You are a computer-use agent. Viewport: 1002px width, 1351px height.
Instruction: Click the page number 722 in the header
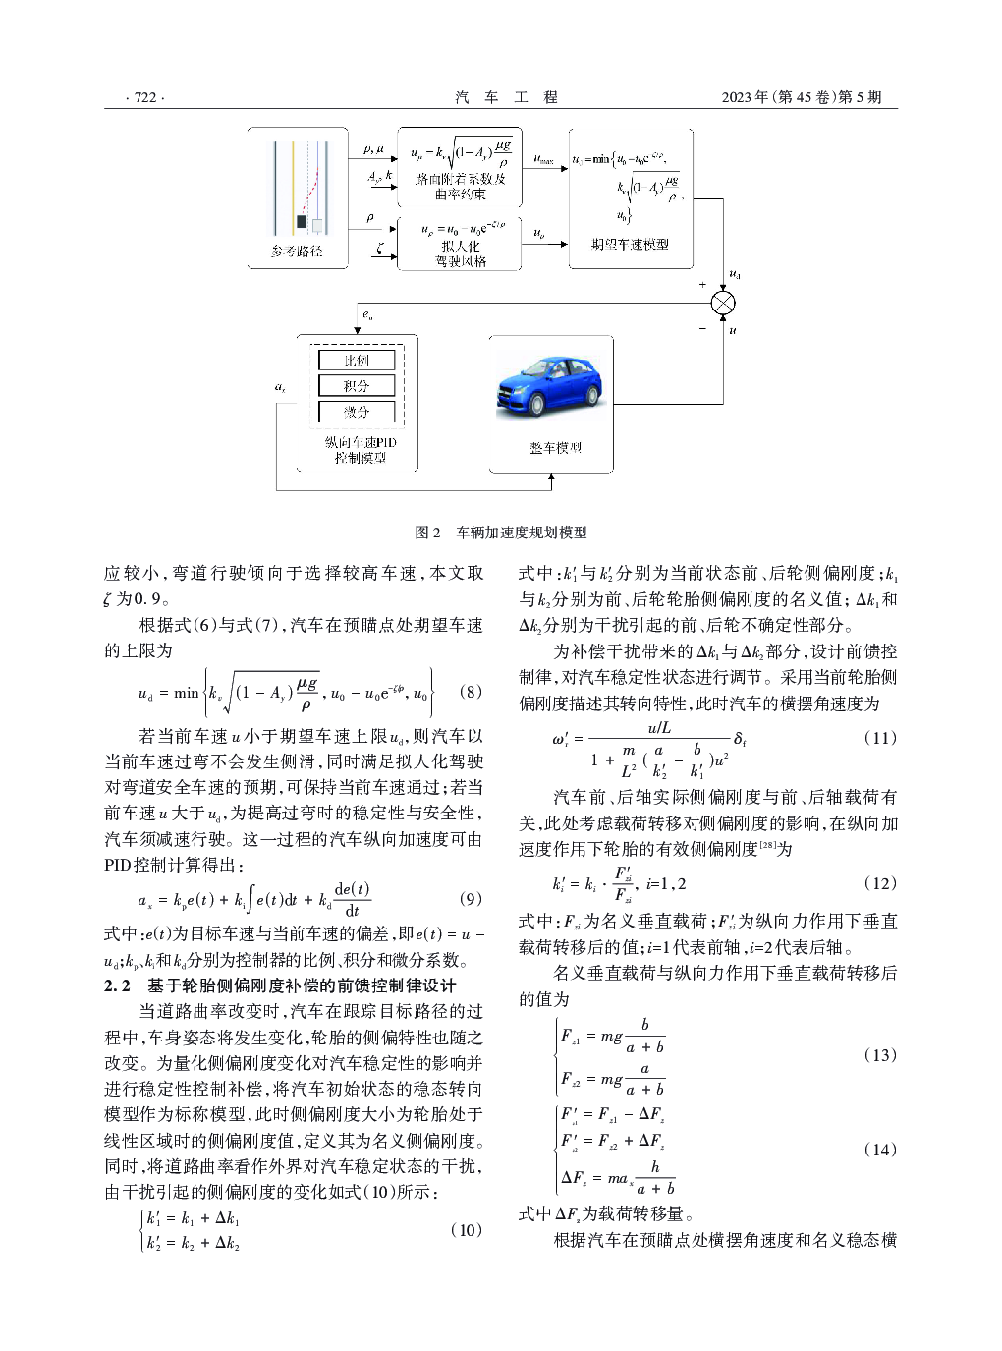145,97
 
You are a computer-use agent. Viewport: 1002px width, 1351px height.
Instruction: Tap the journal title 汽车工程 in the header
506,97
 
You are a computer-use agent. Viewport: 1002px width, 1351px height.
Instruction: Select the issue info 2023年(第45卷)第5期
802,97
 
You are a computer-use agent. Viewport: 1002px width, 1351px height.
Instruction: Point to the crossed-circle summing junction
723,304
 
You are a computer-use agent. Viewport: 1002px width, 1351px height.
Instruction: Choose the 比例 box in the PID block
357,361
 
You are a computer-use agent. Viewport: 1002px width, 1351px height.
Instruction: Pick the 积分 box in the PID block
357,386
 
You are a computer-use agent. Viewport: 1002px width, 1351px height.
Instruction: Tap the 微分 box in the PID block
357,412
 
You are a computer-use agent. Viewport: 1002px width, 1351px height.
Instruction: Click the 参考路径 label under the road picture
297,252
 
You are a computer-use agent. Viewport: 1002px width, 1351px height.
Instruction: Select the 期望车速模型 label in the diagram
630,244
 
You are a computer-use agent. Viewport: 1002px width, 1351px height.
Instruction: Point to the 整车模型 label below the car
555,448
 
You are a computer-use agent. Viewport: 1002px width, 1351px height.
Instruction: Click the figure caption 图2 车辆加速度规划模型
501,533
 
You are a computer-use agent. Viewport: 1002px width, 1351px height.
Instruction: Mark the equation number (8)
472,692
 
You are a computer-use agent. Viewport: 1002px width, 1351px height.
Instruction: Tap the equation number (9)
472,899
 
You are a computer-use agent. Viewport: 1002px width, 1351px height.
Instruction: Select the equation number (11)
880,738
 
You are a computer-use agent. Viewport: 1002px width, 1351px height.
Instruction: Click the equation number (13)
880,1055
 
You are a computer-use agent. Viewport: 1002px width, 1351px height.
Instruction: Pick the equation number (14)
880,1150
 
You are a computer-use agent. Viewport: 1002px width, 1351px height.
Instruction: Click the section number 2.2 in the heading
118,985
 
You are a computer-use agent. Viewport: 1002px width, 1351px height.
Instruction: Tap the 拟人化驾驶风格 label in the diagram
461,253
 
